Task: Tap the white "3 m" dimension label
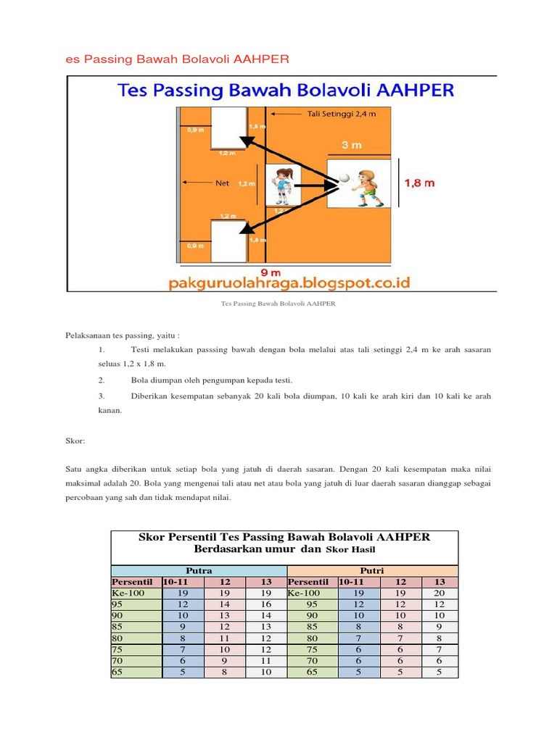tap(351, 145)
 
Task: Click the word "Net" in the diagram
tap(222, 183)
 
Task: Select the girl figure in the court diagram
tap(281, 185)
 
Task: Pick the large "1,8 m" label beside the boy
tap(419, 183)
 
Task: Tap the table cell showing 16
tap(266, 604)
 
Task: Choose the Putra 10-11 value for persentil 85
tap(183, 627)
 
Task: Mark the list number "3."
tap(102, 396)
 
